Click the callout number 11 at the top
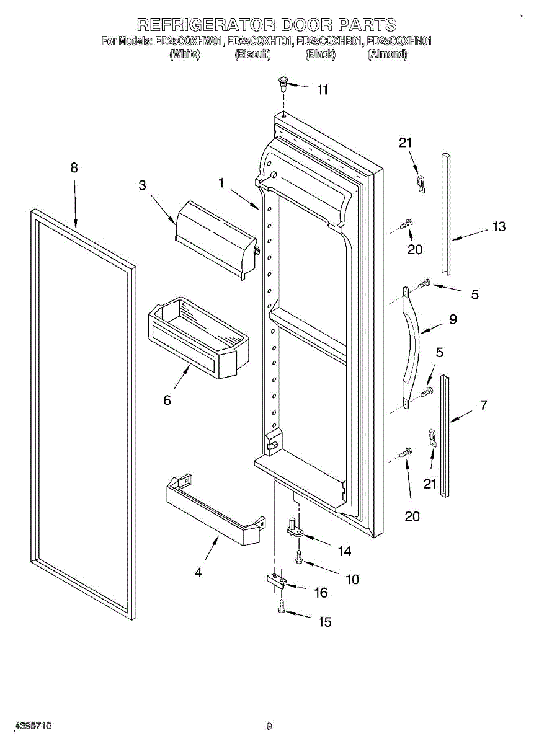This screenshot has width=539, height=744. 323,90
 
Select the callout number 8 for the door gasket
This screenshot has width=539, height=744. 74,167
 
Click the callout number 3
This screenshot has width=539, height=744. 143,185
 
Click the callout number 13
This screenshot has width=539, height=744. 499,227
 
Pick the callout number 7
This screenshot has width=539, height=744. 484,405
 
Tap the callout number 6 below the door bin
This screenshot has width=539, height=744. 167,400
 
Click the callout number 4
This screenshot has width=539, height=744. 198,573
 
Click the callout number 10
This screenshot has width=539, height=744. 352,580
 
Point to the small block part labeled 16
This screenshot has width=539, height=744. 275,581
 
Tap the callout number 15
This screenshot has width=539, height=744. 325,622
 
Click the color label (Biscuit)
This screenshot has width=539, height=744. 252,55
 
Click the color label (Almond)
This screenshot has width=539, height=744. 387,55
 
